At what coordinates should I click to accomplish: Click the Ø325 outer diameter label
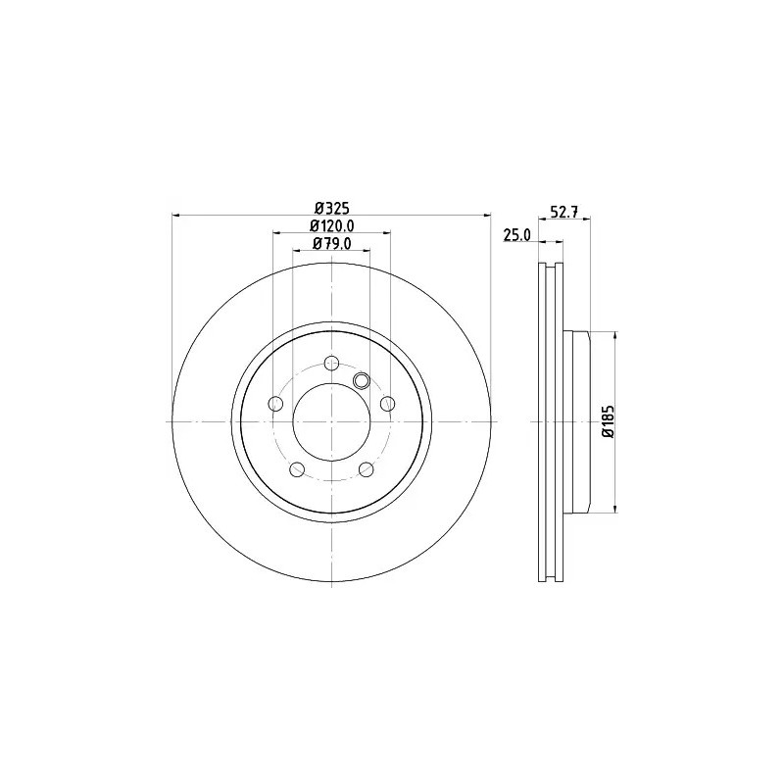(x=332, y=208)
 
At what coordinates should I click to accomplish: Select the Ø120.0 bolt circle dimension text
(x=332, y=226)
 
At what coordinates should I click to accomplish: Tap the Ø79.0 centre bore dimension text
(x=332, y=243)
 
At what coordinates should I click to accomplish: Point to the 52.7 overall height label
(x=564, y=212)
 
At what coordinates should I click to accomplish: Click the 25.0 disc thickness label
(x=517, y=235)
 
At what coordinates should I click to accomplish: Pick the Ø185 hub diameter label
(x=608, y=422)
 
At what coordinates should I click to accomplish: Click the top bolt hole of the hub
(x=332, y=363)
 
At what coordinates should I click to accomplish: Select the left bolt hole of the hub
(x=275, y=403)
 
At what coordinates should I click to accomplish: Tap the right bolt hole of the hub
(x=388, y=403)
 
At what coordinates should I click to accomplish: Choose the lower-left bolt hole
(x=298, y=469)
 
